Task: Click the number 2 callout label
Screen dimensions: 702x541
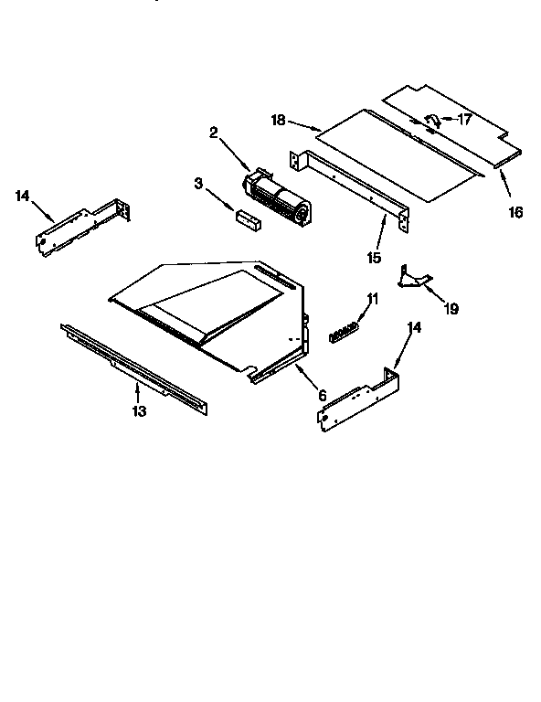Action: (213, 133)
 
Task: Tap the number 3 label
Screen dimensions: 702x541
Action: (198, 185)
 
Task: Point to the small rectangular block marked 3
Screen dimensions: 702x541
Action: (247, 218)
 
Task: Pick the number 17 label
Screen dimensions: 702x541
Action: (466, 118)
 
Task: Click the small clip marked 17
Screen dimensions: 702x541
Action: (435, 119)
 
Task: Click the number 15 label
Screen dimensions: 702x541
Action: (374, 259)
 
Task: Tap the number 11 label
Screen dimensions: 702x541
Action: (372, 299)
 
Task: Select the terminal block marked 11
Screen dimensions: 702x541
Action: (346, 330)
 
